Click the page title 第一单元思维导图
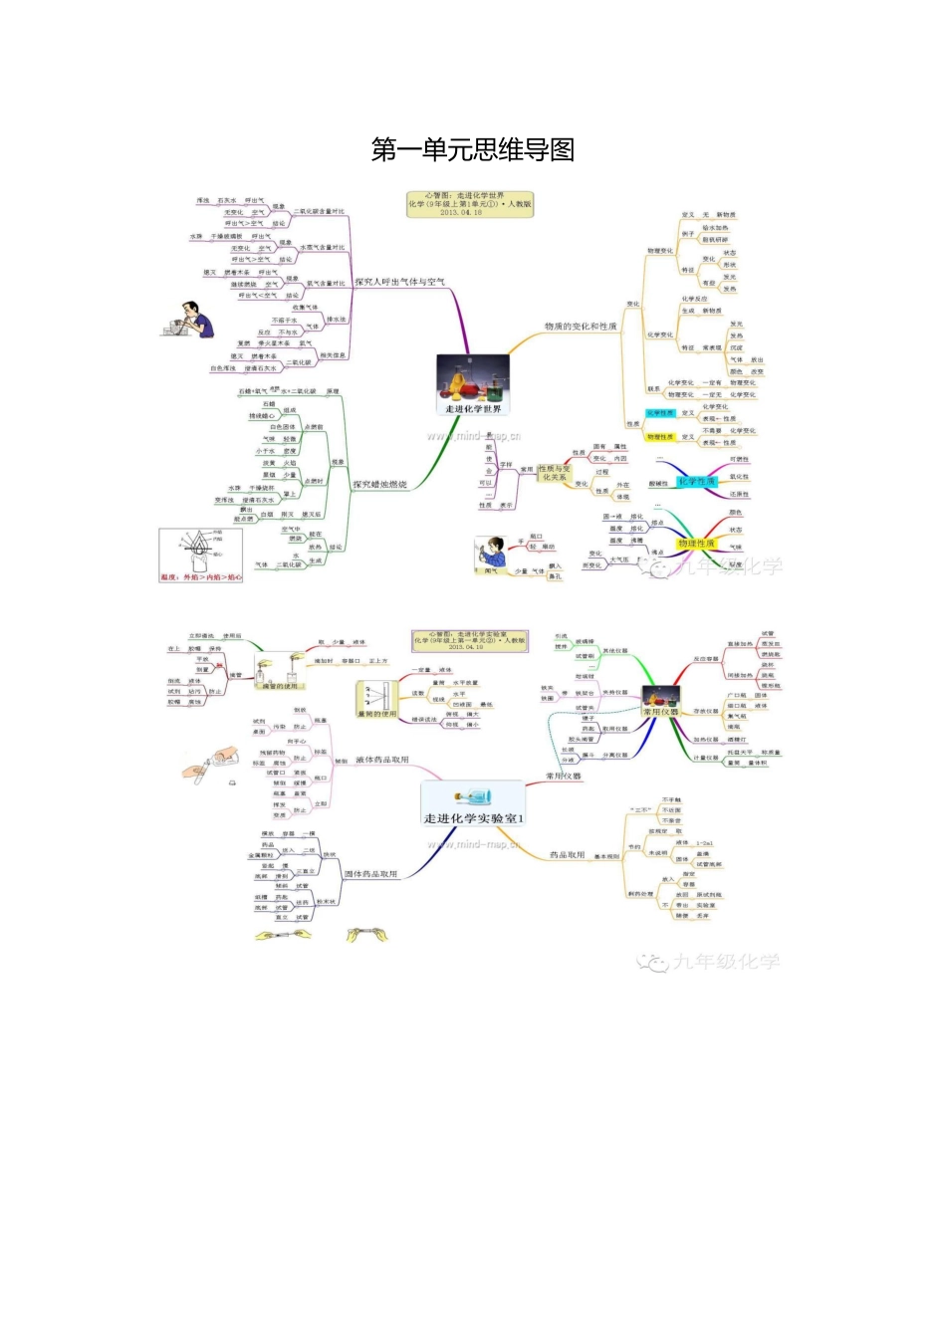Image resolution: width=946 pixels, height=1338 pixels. (x=472, y=150)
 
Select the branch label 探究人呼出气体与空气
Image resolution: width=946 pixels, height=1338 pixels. (x=399, y=283)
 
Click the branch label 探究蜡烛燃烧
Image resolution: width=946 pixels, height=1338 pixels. (x=379, y=485)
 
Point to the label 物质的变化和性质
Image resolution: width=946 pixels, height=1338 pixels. (x=581, y=326)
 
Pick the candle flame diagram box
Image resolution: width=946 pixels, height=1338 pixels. (x=201, y=555)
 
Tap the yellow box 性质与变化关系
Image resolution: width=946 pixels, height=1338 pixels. (x=555, y=472)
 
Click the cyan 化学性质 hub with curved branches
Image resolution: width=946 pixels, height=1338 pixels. (x=696, y=482)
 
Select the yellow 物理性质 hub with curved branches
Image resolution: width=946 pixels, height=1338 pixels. (x=696, y=544)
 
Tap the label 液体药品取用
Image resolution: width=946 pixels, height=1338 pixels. (x=381, y=760)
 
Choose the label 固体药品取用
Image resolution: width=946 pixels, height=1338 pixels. (x=370, y=874)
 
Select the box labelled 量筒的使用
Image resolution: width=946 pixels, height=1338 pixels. (x=377, y=699)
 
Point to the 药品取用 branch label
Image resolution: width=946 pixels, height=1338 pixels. (x=568, y=854)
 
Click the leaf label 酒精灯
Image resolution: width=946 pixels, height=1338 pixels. (x=736, y=740)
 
